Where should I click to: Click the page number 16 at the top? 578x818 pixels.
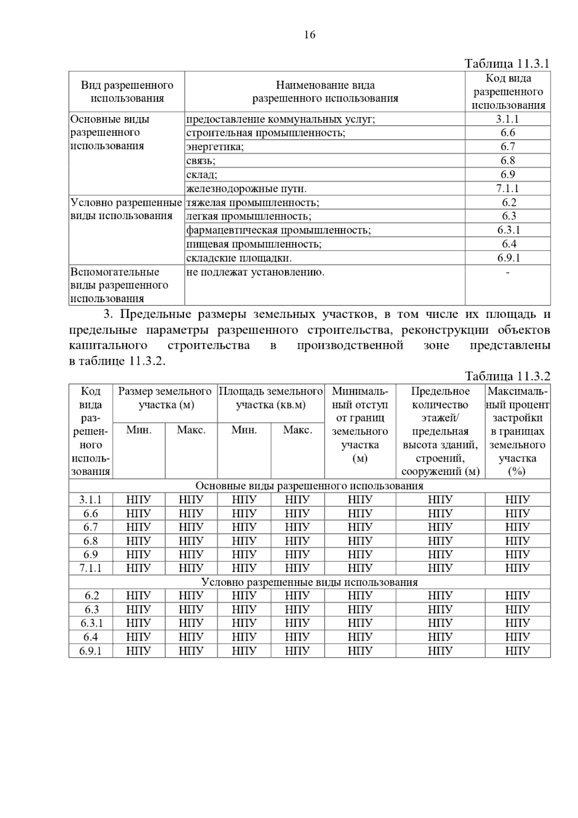tap(310, 35)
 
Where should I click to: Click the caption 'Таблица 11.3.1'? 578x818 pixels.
tap(507, 64)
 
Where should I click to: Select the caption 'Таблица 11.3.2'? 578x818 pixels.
tap(507, 376)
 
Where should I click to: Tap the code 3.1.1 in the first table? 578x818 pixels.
tap(508, 119)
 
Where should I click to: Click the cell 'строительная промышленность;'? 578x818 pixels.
tap(265, 133)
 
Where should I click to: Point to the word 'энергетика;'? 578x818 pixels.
tap(215, 147)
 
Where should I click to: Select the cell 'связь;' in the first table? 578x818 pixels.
tap(201, 161)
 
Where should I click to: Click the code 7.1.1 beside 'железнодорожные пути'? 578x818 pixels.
tap(508, 188)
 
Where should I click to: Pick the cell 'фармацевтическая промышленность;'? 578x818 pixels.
tap(278, 230)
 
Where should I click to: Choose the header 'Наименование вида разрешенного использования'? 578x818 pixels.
tap(325, 92)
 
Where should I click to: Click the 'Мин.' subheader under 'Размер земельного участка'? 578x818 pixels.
tap(139, 430)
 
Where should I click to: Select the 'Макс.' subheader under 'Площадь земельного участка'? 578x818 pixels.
tap(297, 430)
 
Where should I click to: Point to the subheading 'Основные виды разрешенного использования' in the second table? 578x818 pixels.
tap(309, 486)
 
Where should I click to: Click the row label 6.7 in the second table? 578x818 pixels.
tap(91, 527)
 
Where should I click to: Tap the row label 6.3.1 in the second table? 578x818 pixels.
tap(91, 623)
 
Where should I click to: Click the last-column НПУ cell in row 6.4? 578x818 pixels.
tap(517, 637)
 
